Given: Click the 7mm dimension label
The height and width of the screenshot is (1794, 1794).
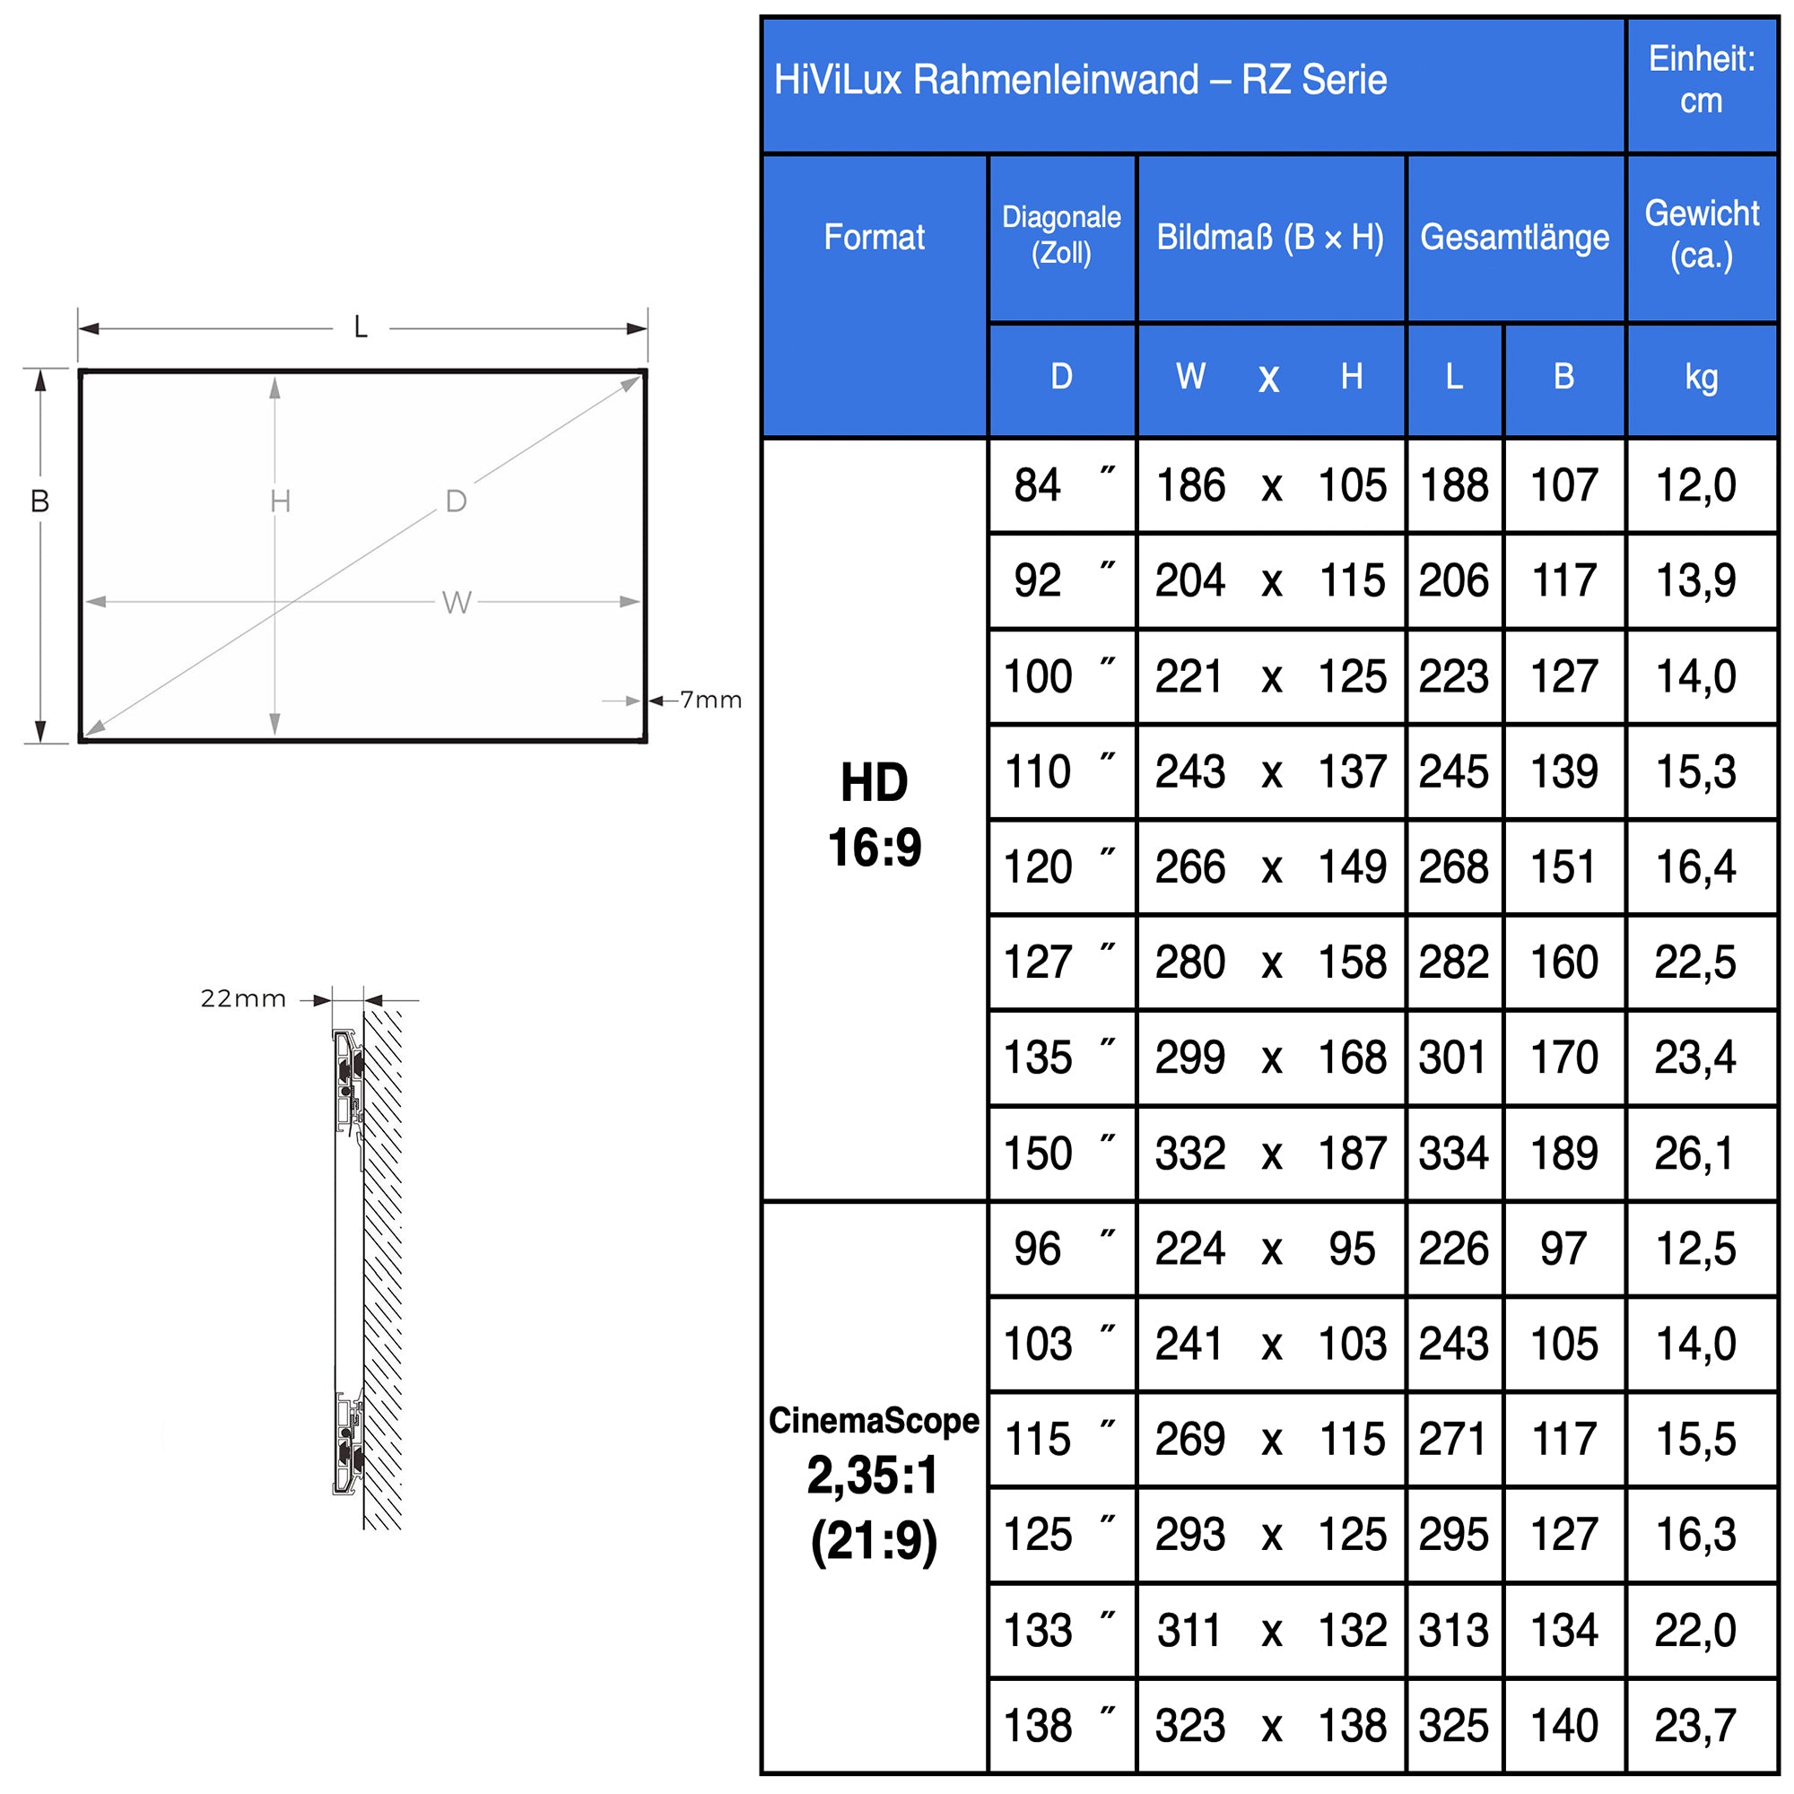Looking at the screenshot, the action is (710, 701).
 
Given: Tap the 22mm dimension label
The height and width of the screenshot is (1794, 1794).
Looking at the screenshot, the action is (243, 999).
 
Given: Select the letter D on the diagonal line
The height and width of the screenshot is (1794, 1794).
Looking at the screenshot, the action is (456, 501).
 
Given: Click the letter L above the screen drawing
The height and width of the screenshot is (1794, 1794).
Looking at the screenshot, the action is (361, 327).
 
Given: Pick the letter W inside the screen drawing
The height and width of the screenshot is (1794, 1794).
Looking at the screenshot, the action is (457, 603).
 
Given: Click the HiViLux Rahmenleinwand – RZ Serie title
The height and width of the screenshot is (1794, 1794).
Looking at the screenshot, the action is (1080, 81).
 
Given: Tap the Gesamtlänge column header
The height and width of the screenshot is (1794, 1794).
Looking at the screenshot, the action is (1514, 238).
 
